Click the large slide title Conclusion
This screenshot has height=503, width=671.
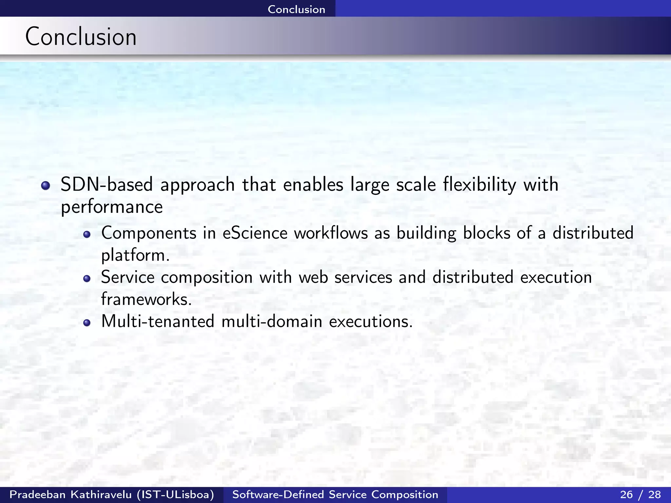pyautogui.click(x=81, y=37)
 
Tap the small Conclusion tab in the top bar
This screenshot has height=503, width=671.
pyautogui.click(x=296, y=9)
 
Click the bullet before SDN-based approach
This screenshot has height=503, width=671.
pyautogui.click(x=46, y=186)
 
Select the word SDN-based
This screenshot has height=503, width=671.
pyautogui.click(x=107, y=184)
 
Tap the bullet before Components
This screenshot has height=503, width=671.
pyautogui.click(x=86, y=234)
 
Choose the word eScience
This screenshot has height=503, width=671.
pyautogui.click(x=255, y=233)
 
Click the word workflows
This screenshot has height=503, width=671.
pyautogui.click(x=331, y=233)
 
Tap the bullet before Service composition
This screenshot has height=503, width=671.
pyautogui.click(x=86, y=279)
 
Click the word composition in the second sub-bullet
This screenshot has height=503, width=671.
pyautogui.click(x=207, y=278)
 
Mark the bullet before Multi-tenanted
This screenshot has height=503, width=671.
pyautogui.click(x=86, y=323)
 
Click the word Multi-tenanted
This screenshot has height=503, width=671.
pyautogui.click(x=158, y=321)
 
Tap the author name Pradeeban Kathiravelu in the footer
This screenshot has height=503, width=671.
pyautogui.click(x=70, y=494)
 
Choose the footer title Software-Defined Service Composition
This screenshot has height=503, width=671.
pyautogui.click(x=335, y=494)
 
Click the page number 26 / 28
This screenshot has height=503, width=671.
pyautogui.click(x=641, y=494)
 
